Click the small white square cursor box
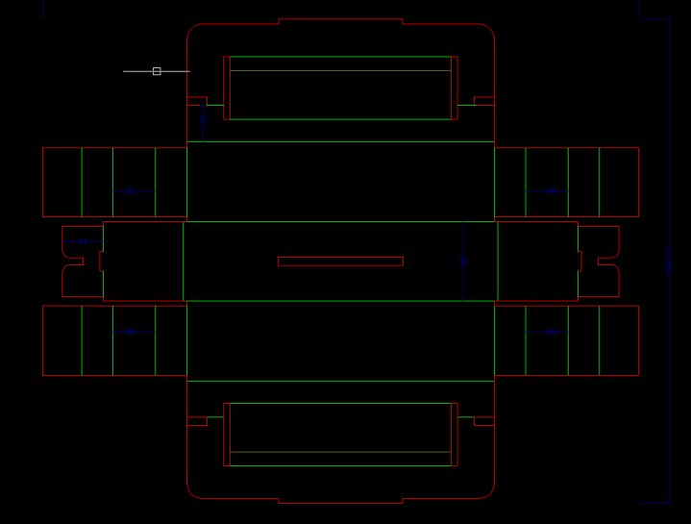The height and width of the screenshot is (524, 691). pyautogui.click(x=157, y=71)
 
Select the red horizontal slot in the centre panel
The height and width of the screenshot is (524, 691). pyautogui.click(x=340, y=262)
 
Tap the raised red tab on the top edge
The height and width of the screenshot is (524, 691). pyautogui.click(x=340, y=21)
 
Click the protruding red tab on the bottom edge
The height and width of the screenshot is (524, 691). pyautogui.click(x=340, y=500)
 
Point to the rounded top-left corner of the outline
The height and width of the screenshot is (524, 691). pyautogui.click(x=192, y=30)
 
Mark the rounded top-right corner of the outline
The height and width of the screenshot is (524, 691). pyautogui.click(x=488, y=30)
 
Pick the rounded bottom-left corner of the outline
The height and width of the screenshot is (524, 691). pyautogui.click(x=192, y=492)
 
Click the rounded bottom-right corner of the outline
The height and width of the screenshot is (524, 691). pyautogui.click(x=488, y=492)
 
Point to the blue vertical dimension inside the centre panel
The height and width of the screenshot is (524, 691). pyautogui.click(x=463, y=261)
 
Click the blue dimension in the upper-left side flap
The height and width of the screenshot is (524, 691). pyautogui.click(x=131, y=191)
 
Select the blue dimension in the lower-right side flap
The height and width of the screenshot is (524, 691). pyautogui.click(x=552, y=331)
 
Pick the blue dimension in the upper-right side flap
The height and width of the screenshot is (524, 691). pyautogui.click(x=552, y=191)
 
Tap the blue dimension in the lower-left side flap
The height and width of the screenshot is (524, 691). pyautogui.click(x=131, y=331)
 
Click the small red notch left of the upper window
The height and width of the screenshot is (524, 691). pyautogui.click(x=197, y=100)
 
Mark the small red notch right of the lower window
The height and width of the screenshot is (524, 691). pyautogui.click(x=483, y=420)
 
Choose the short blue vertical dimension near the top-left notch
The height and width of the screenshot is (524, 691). pyautogui.click(x=203, y=120)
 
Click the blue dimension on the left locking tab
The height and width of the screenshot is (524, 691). pyautogui.click(x=83, y=241)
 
